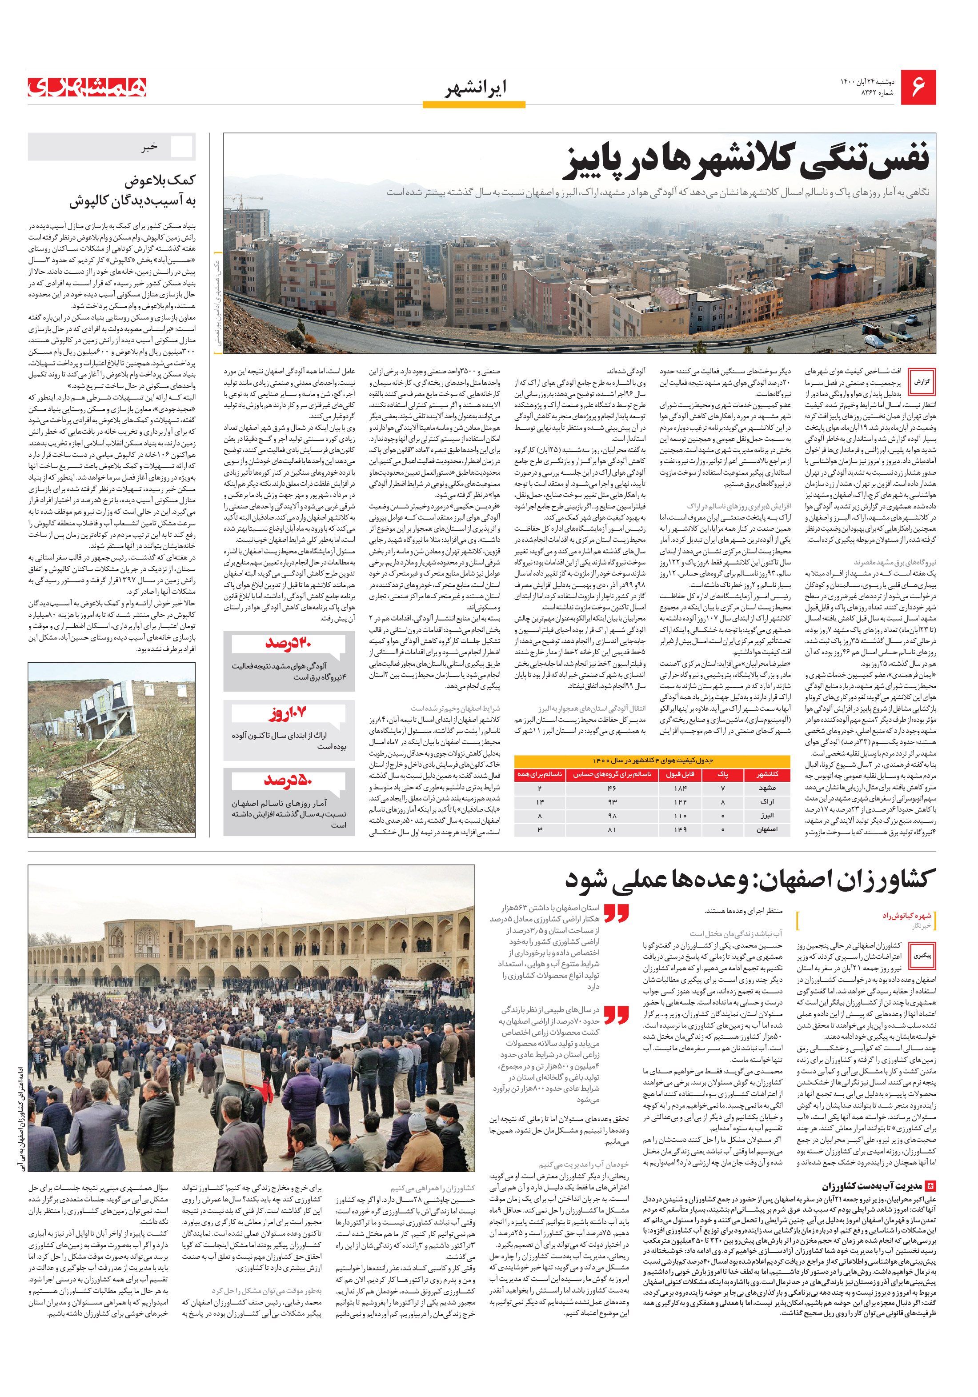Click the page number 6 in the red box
[x=919, y=88]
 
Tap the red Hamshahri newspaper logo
[x=88, y=88]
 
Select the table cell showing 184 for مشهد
[x=681, y=788]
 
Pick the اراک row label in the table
[x=767, y=802]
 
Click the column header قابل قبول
[x=681, y=775]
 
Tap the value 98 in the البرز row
[x=612, y=816]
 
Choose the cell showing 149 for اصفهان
[x=681, y=830]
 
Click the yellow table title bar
[x=652, y=761]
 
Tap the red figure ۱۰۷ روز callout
[x=289, y=712]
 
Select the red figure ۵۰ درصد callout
[x=289, y=780]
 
